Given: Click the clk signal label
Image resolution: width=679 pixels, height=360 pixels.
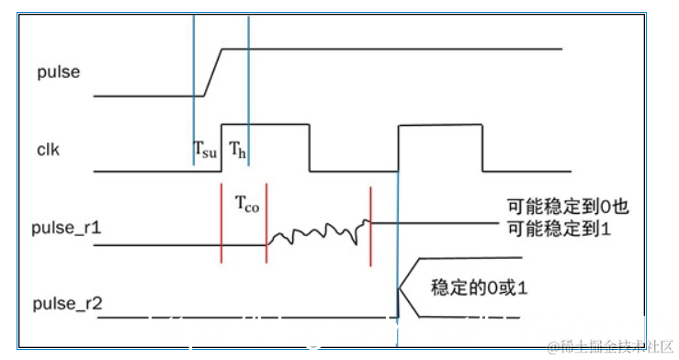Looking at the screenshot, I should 49,148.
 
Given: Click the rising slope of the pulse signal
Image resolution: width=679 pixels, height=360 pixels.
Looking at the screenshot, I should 212,72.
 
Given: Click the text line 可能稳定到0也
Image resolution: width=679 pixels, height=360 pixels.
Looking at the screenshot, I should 568,207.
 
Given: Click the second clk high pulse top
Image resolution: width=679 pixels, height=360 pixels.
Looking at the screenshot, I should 440,124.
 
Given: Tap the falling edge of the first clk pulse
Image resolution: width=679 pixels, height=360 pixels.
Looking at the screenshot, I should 310,147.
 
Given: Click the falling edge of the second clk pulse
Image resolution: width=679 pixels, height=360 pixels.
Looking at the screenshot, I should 482,147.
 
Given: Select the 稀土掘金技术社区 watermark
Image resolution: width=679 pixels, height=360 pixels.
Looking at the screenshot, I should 610,346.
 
